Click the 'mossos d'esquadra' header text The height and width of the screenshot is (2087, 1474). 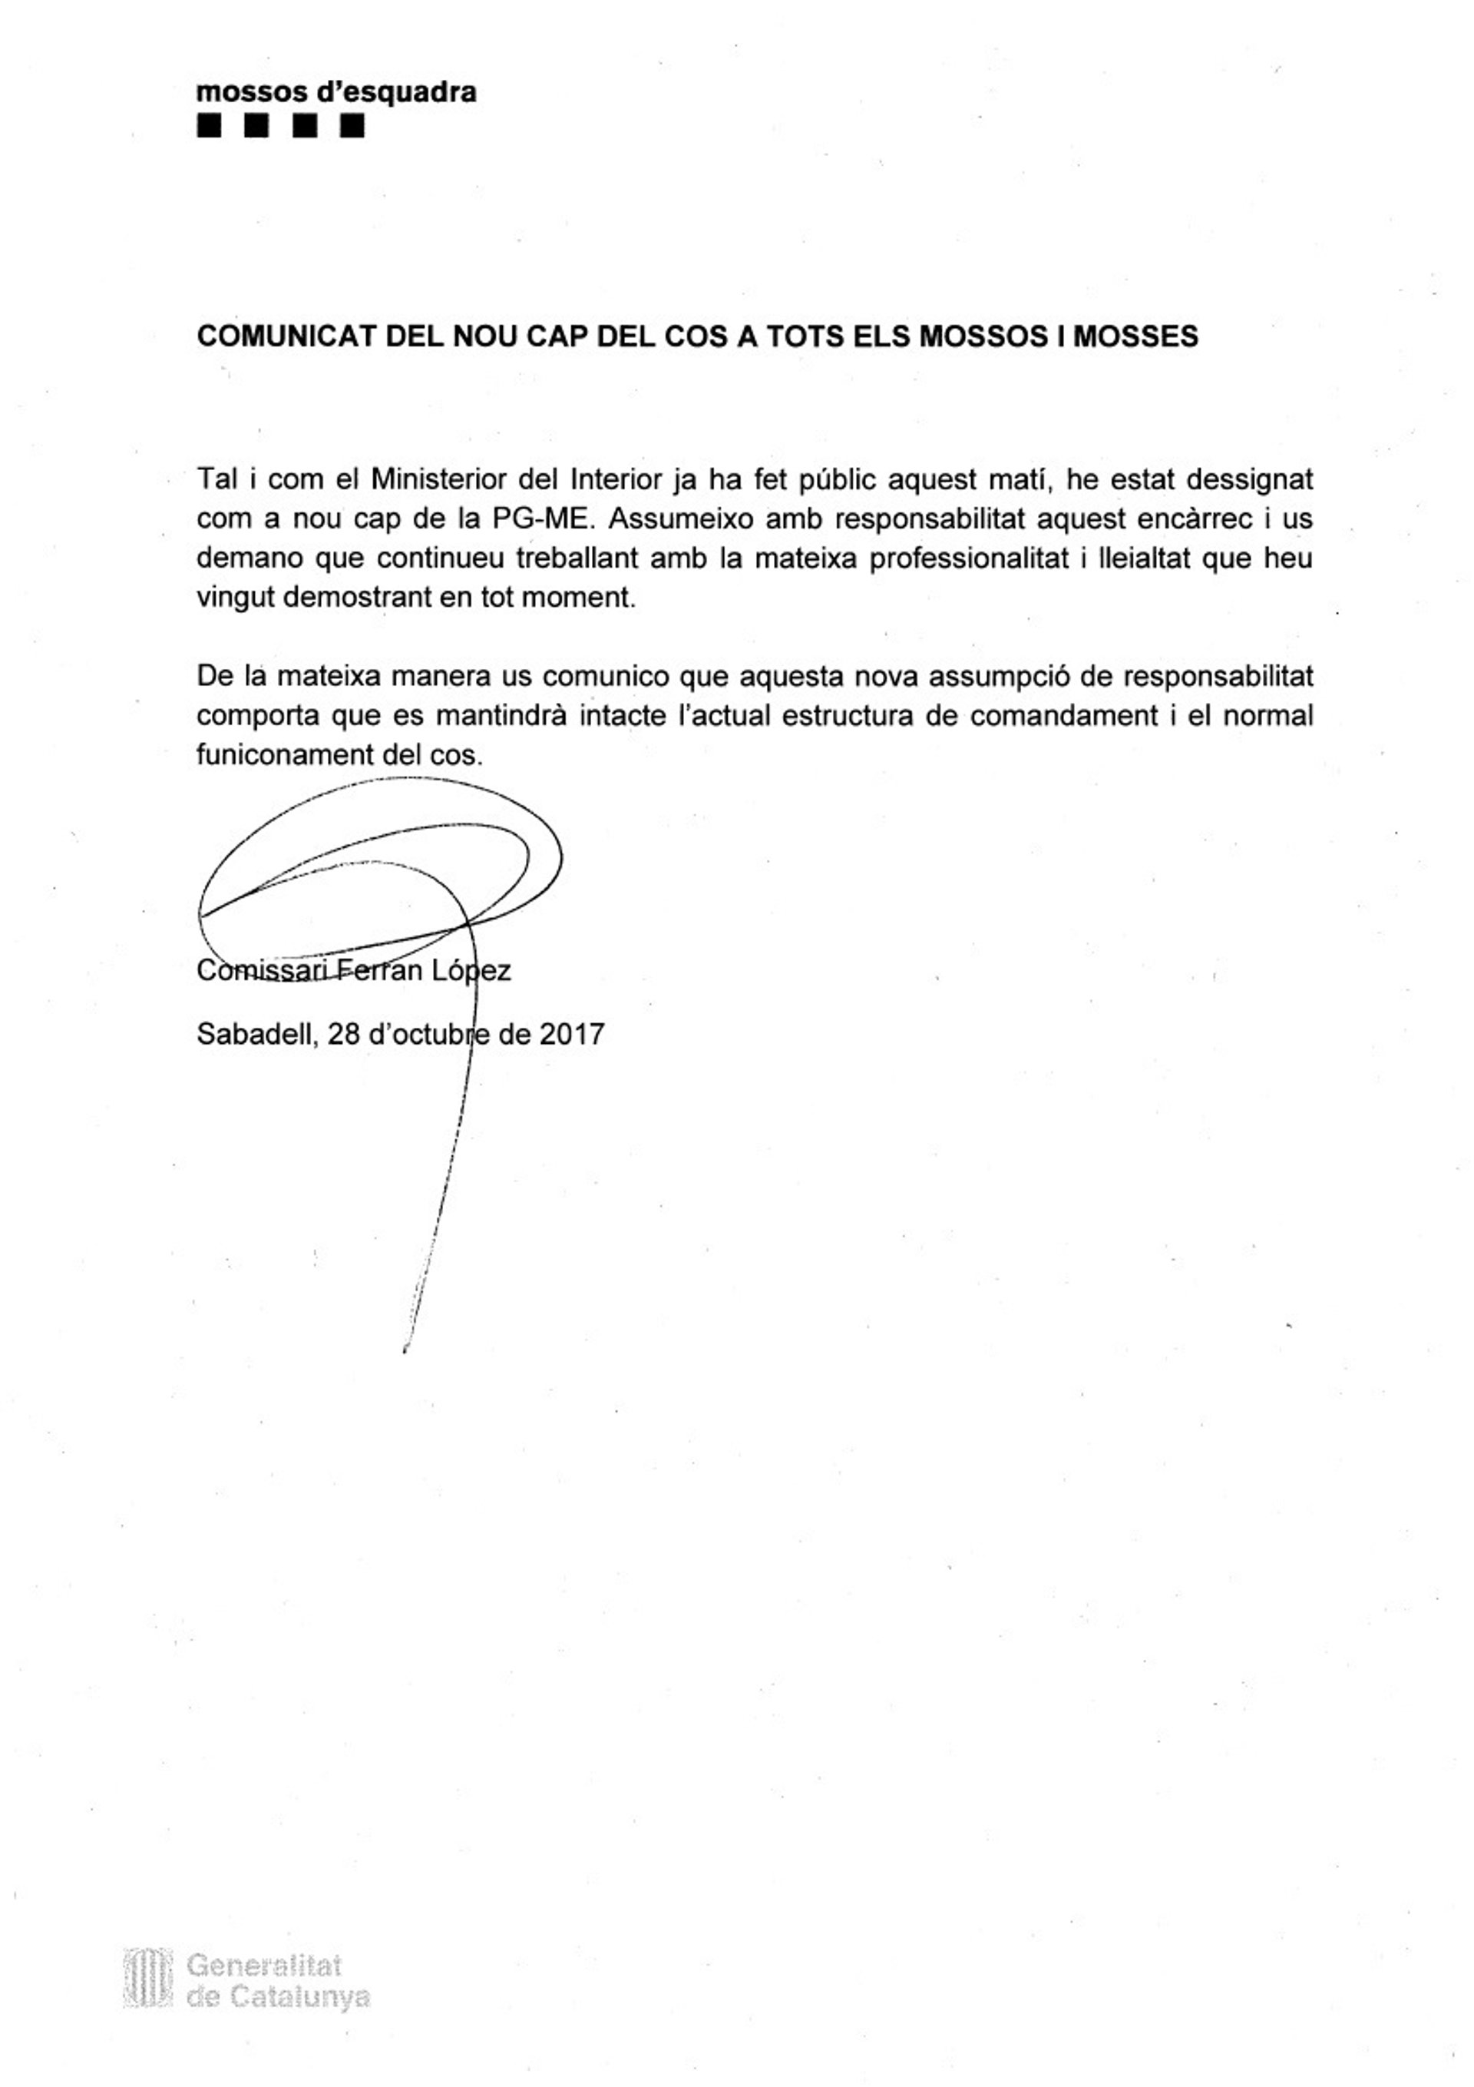tap(335, 93)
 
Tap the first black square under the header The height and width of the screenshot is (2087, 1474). tap(209, 125)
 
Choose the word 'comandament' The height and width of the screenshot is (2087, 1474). tap(1063, 715)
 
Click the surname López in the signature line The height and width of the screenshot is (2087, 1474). tap(471, 971)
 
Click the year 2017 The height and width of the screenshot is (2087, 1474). tap(572, 1035)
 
